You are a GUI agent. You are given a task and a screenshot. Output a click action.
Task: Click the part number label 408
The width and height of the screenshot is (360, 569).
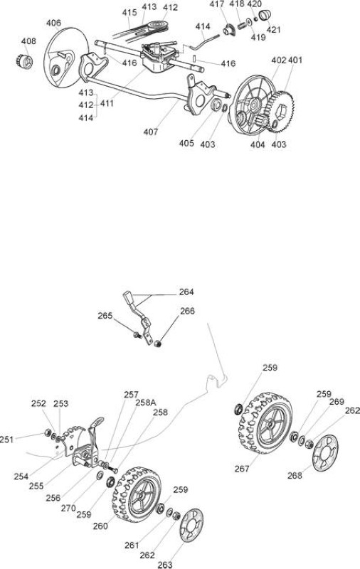point(28,41)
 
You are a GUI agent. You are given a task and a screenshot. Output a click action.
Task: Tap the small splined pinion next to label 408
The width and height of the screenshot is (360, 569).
point(25,61)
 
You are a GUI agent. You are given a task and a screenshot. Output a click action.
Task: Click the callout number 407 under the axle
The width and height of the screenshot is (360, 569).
point(151,132)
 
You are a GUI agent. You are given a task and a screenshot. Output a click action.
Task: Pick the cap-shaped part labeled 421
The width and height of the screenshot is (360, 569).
point(265,16)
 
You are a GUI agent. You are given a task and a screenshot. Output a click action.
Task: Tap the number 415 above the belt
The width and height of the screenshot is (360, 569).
point(129,12)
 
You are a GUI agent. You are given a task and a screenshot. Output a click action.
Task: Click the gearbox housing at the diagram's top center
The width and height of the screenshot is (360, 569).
point(160,58)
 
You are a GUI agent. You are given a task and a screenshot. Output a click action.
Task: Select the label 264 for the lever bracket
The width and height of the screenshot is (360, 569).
point(186,292)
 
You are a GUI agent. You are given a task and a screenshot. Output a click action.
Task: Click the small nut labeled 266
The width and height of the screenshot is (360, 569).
point(157,343)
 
